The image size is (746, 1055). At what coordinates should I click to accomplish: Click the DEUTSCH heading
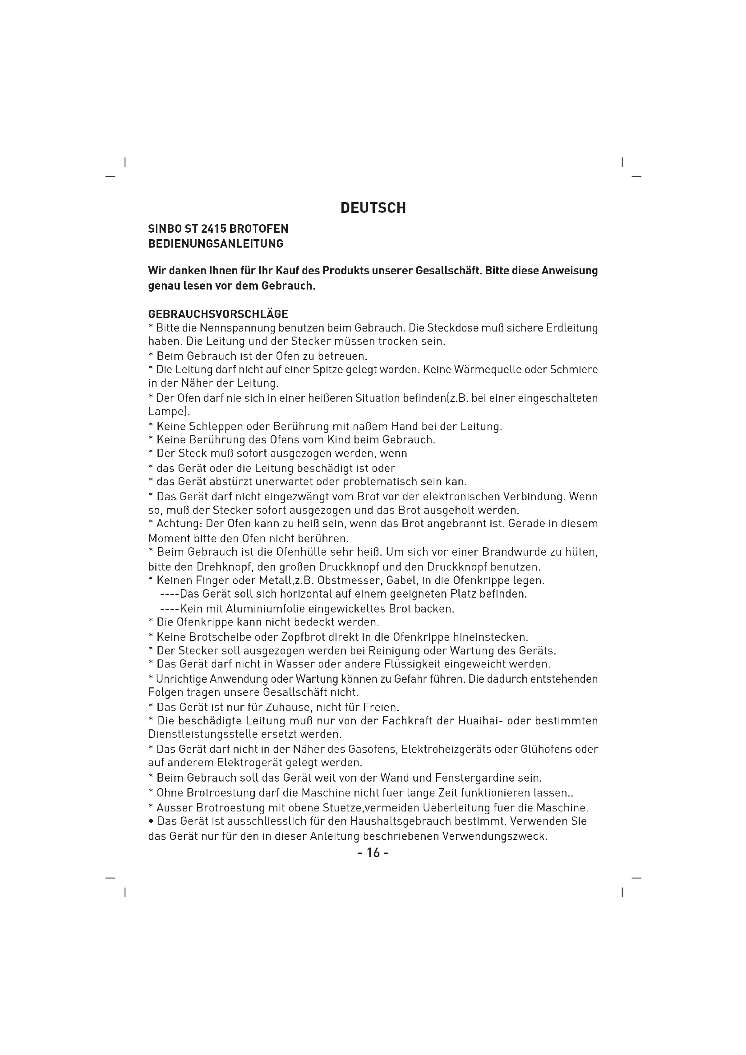coord(373,208)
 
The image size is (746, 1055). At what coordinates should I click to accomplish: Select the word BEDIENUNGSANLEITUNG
coord(216,244)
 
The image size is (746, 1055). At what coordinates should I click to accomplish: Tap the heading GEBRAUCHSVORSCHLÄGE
coord(218,314)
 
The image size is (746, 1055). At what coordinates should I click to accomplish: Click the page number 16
coord(373,853)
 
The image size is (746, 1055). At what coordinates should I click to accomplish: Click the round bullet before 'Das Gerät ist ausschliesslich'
coord(151,821)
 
